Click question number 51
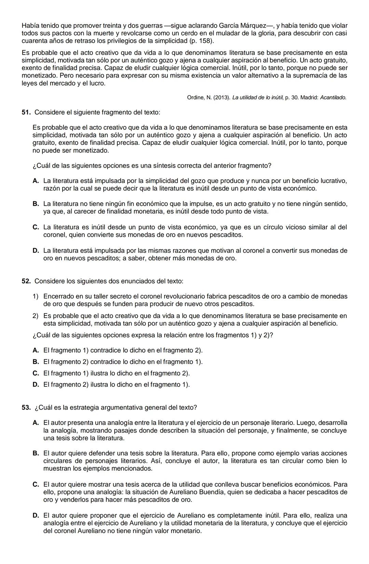coord(26,112)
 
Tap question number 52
coord(26,281)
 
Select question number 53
coord(26,408)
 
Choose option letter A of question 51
coord(36,181)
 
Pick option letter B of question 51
coord(36,204)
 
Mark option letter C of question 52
coord(36,373)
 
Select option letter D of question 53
coord(36,515)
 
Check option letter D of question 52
coord(36,385)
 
